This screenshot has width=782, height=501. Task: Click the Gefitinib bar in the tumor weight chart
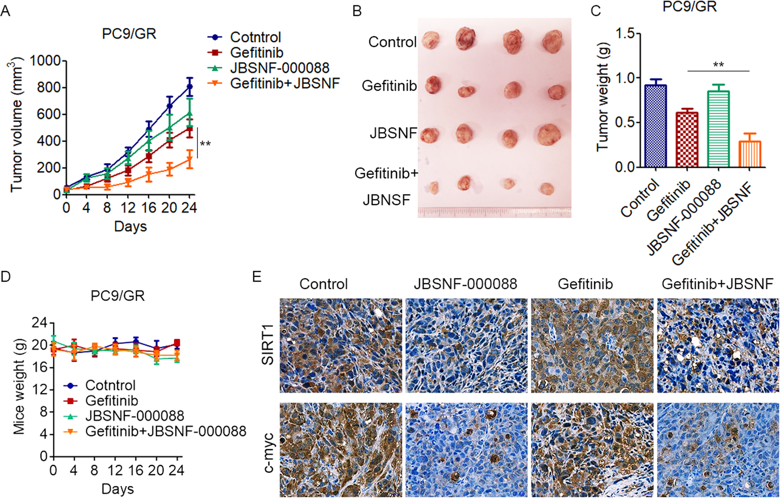coord(687,139)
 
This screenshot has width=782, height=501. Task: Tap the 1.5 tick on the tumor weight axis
coord(625,34)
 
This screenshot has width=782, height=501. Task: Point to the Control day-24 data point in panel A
coord(190,87)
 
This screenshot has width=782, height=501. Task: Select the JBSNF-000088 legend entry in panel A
coord(279,68)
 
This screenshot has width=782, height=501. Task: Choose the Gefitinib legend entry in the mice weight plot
coord(111,400)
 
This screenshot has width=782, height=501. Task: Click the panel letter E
coord(257,276)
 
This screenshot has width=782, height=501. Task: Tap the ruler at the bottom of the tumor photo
coord(494,212)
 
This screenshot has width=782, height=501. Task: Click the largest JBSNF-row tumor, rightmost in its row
coord(549,134)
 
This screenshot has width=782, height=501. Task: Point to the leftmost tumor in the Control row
coord(431,40)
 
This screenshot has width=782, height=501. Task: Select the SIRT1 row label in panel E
coord(268,345)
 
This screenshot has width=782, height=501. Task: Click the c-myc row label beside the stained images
coord(268,452)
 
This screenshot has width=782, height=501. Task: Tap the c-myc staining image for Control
coord(341,450)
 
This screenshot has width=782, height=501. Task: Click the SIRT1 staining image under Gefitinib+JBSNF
coord(718,345)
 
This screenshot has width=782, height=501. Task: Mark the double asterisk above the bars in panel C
coord(718,65)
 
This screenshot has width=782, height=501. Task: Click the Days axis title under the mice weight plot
coord(117,489)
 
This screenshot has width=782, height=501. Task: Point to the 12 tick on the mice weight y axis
coord(40,389)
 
